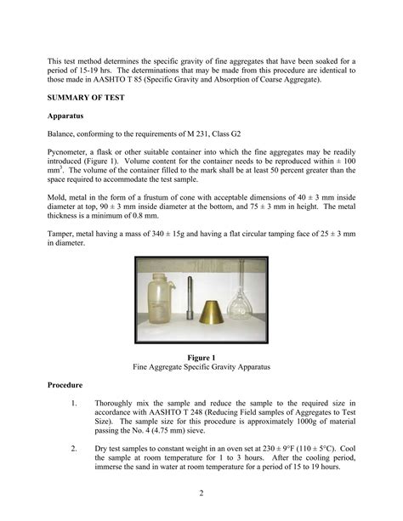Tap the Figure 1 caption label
(x=202, y=357)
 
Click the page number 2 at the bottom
(x=202, y=494)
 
